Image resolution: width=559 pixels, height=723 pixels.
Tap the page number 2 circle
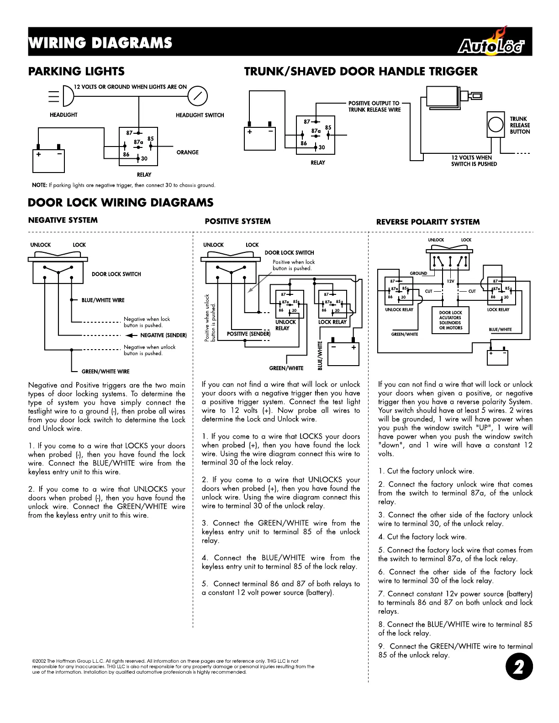[519, 667]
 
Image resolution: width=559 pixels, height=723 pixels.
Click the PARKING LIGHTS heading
[76, 72]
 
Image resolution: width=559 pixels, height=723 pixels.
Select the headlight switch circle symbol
[198, 96]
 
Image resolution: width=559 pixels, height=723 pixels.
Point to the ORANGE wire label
[187, 152]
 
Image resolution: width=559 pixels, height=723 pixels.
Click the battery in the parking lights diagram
[49, 160]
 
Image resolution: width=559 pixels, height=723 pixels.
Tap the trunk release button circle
[496, 125]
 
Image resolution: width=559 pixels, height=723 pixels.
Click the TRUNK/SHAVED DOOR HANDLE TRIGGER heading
[361, 72]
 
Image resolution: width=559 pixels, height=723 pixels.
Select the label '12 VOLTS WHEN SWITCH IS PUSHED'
[474, 161]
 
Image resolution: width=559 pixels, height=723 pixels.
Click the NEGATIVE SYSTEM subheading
[63, 220]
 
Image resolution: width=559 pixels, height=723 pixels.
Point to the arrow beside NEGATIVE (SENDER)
[131, 335]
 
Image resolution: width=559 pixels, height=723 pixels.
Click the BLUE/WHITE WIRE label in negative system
[103, 300]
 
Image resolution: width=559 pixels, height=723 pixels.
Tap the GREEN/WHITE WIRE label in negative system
[105, 372]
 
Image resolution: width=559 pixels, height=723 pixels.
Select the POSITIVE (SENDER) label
[248, 334]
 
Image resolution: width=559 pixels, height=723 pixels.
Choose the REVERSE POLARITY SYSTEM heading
[428, 222]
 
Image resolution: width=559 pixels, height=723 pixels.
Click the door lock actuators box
[450, 320]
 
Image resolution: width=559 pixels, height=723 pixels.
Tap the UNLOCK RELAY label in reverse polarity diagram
[399, 309]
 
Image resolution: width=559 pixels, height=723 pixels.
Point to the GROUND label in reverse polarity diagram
[418, 273]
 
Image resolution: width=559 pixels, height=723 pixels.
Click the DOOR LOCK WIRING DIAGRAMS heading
[121, 203]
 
